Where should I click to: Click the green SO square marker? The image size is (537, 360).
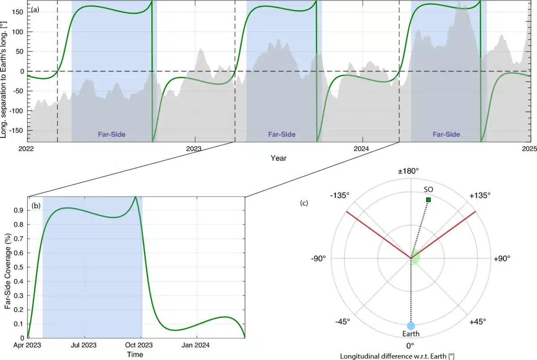428,199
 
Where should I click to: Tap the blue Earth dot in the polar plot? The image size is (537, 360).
411,326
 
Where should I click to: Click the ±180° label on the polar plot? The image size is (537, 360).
411,171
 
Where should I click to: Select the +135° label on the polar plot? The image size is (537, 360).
480,195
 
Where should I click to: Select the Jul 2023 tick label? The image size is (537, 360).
84,345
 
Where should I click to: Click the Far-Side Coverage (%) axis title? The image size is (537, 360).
8,267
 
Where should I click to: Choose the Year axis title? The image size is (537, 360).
278,158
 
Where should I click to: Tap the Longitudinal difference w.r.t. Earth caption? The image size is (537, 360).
411,356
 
